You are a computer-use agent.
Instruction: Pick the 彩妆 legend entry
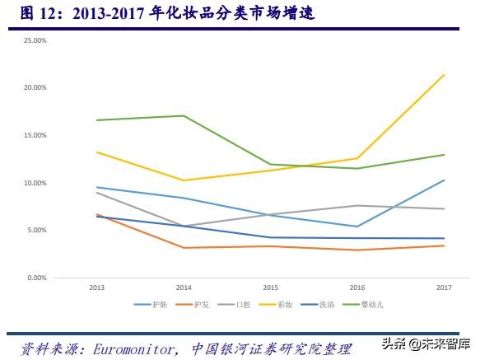point(284,305)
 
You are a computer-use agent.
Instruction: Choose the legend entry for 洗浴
point(326,305)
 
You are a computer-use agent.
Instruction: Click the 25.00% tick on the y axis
point(35,40)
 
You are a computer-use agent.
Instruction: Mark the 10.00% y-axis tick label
point(35,183)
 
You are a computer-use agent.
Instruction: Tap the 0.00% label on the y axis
point(37,278)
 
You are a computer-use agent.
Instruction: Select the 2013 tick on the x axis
point(96,287)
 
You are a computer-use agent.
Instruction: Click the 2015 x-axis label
point(270,287)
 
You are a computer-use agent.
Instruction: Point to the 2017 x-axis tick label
point(444,287)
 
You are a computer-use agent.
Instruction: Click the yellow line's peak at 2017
point(444,75)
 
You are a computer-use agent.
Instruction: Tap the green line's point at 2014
point(183,115)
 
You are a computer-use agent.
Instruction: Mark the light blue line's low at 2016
point(357,227)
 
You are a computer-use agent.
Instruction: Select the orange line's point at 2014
point(183,248)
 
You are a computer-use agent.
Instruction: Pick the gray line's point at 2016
point(357,205)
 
